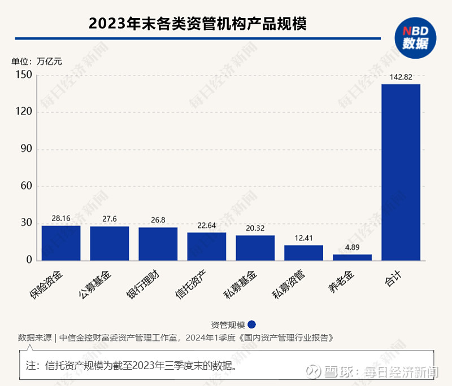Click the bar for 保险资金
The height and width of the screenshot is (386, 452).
61,243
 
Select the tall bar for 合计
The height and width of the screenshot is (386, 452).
401,172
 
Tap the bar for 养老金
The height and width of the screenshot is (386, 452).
352,257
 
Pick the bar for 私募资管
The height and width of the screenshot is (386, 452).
303,252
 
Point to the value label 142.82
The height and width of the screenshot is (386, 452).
401,77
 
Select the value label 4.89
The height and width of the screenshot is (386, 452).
352,247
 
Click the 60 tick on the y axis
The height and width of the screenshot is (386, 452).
25,186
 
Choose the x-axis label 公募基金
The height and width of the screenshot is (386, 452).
102,285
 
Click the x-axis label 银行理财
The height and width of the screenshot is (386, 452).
150,285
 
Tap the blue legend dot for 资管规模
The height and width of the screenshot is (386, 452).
252,324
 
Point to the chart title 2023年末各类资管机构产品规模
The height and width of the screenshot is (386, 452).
197,24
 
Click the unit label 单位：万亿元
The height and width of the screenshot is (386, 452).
37,61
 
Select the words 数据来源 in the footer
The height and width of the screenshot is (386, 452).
34,338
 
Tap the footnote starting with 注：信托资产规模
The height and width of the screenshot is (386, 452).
130,365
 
